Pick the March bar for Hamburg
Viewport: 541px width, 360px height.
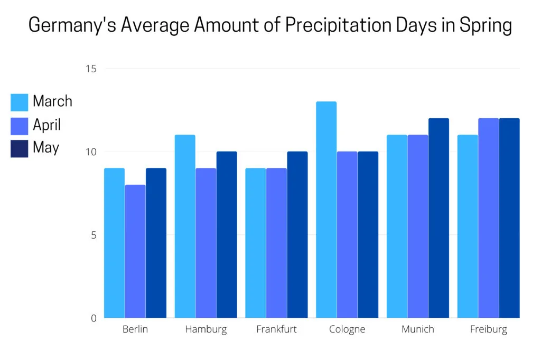coord(185,226)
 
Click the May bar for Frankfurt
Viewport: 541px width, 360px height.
coord(297,234)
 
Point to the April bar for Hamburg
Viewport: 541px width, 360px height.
coord(206,243)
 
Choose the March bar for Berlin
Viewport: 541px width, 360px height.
coord(114,243)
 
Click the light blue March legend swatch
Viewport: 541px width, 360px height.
coord(20,102)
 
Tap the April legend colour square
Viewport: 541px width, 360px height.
coord(20,126)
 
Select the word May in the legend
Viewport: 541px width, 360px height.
coord(46,148)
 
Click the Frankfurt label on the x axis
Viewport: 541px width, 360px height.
coord(276,329)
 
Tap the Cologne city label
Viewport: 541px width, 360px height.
coord(347,329)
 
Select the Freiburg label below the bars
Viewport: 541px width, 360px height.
coord(488,329)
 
